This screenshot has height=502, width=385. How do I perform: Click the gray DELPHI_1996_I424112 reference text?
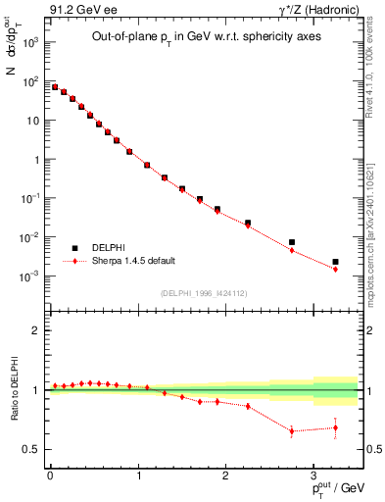tap(204, 292)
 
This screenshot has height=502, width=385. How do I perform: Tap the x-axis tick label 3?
tap(313, 475)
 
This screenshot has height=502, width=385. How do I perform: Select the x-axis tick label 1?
tap(137, 475)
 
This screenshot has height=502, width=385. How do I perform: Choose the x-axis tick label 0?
tap(50, 475)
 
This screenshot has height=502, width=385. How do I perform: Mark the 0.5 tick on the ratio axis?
tap(31, 449)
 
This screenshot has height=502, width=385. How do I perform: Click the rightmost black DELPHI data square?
tap(335, 262)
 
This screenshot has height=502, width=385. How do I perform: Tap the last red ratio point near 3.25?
tap(335, 427)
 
